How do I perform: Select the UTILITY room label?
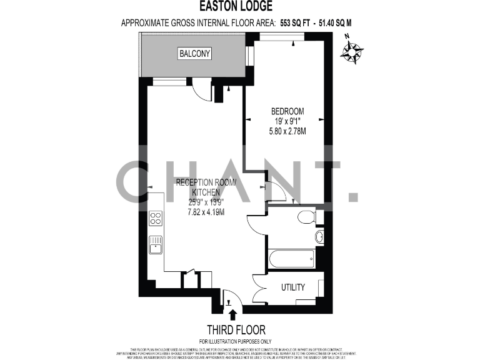[x=292, y=287]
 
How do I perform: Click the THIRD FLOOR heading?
[x=236, y=329]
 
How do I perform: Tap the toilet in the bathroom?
[x=306, y=217]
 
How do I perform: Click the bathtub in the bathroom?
[x=292, y=257]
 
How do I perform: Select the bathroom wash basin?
[x=319, y=237]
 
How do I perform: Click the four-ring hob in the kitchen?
[x=156, y=219]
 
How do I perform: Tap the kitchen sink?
[x=156, y=244]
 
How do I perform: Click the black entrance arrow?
[x=233, y=314]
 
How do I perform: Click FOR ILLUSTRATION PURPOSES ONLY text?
[x=236, y=341]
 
